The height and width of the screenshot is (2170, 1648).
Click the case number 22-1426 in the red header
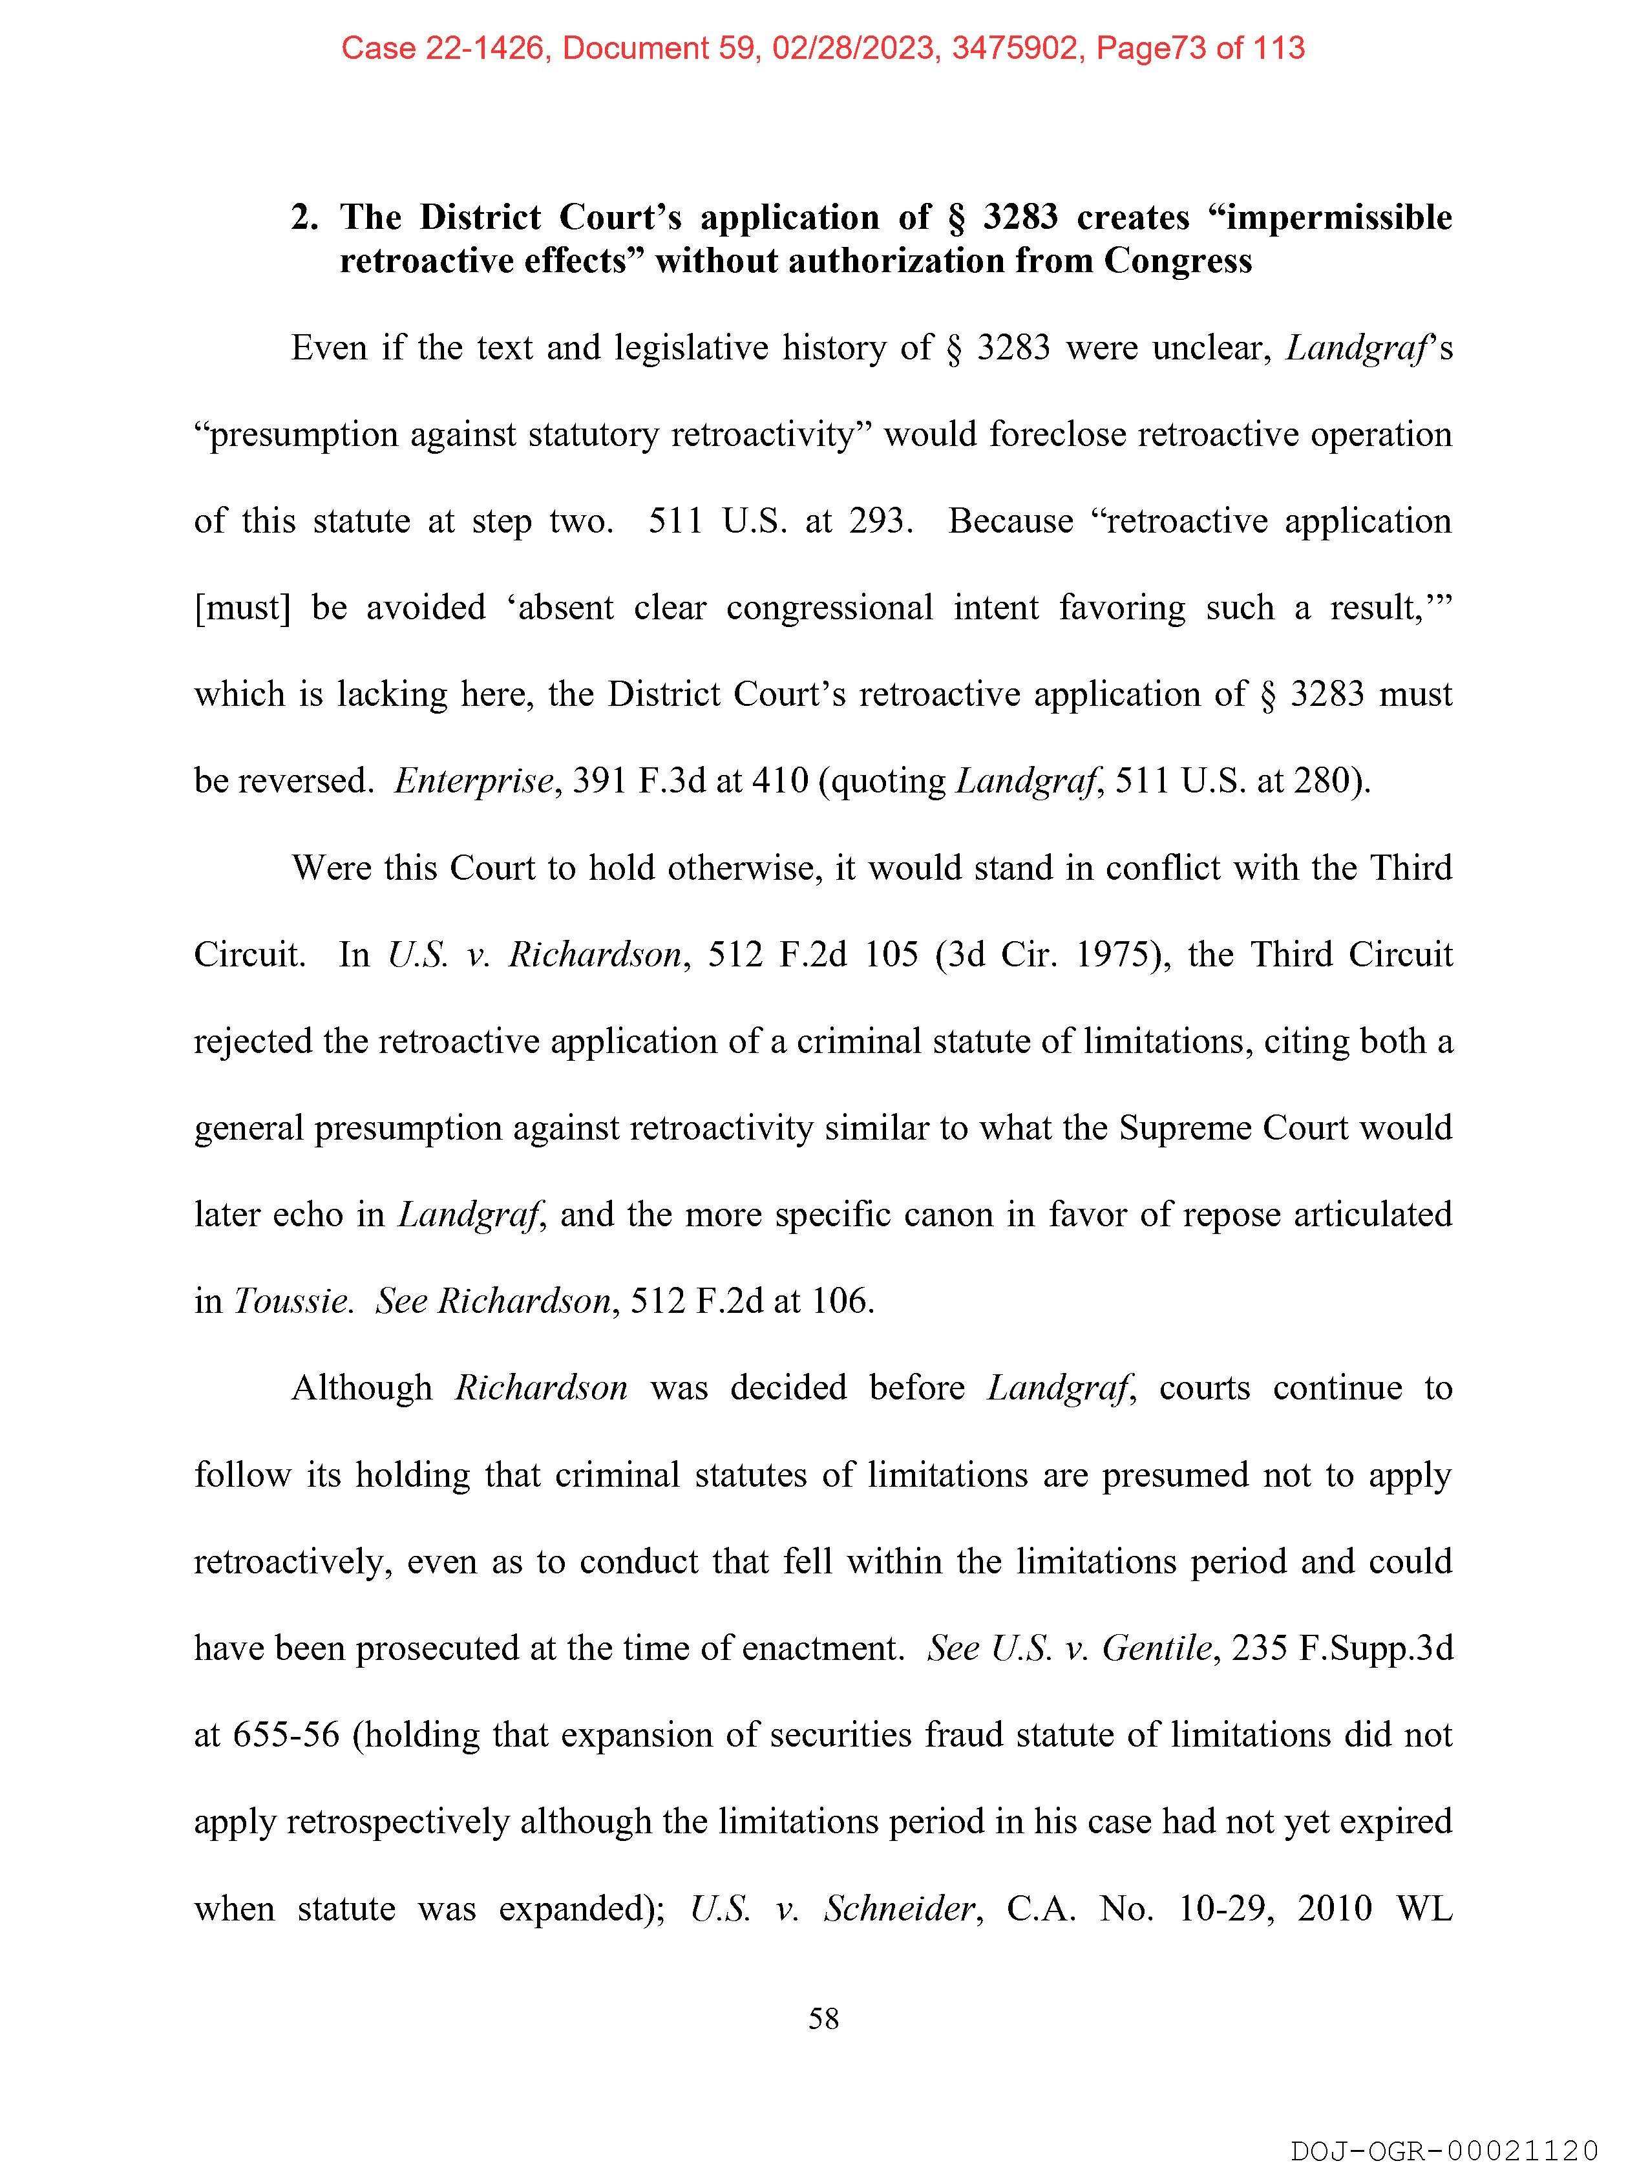(485, 48)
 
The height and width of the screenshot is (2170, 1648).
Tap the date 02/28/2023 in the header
(852, 48)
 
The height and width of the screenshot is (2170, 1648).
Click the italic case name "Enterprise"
(474, 781)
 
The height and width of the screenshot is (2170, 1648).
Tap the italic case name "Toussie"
(292, 1302)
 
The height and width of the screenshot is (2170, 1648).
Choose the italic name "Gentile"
(1157, 1648)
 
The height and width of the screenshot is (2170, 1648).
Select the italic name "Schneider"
(900, 1909)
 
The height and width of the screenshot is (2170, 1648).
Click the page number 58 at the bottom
(823, 2019)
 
